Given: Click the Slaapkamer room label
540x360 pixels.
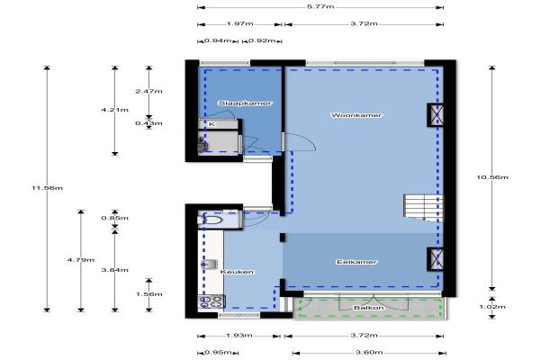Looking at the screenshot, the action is (245, 103).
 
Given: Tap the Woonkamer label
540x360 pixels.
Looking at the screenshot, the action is (356, 115).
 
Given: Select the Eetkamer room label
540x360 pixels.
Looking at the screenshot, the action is (356, 262).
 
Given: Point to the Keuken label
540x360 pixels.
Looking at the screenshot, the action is (237, 272).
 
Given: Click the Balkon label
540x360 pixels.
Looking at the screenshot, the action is (368, 308).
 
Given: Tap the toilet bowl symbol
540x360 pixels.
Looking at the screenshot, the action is (210, 220).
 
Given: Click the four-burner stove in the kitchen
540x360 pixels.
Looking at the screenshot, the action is (211, 301).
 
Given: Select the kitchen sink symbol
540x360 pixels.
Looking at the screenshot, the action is (210, 265).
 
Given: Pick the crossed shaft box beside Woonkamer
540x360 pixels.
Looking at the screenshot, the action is (435, 114).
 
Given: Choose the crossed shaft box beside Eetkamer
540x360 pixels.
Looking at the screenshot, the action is (435, 258).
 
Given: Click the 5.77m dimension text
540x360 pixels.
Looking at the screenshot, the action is (320, 7).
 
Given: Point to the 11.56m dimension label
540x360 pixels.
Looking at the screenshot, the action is (47, 188).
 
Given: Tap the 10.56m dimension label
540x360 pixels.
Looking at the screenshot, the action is (492, 177).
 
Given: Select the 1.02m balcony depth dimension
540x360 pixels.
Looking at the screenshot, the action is (492, 307).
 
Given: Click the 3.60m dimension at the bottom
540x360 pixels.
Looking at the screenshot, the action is (369, 353).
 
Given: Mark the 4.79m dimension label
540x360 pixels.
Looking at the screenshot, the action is (81, 260).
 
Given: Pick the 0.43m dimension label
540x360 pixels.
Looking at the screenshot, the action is (148, 123).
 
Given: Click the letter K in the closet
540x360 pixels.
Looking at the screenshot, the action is (211, 124).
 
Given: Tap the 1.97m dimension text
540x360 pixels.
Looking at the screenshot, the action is (239, 23).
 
